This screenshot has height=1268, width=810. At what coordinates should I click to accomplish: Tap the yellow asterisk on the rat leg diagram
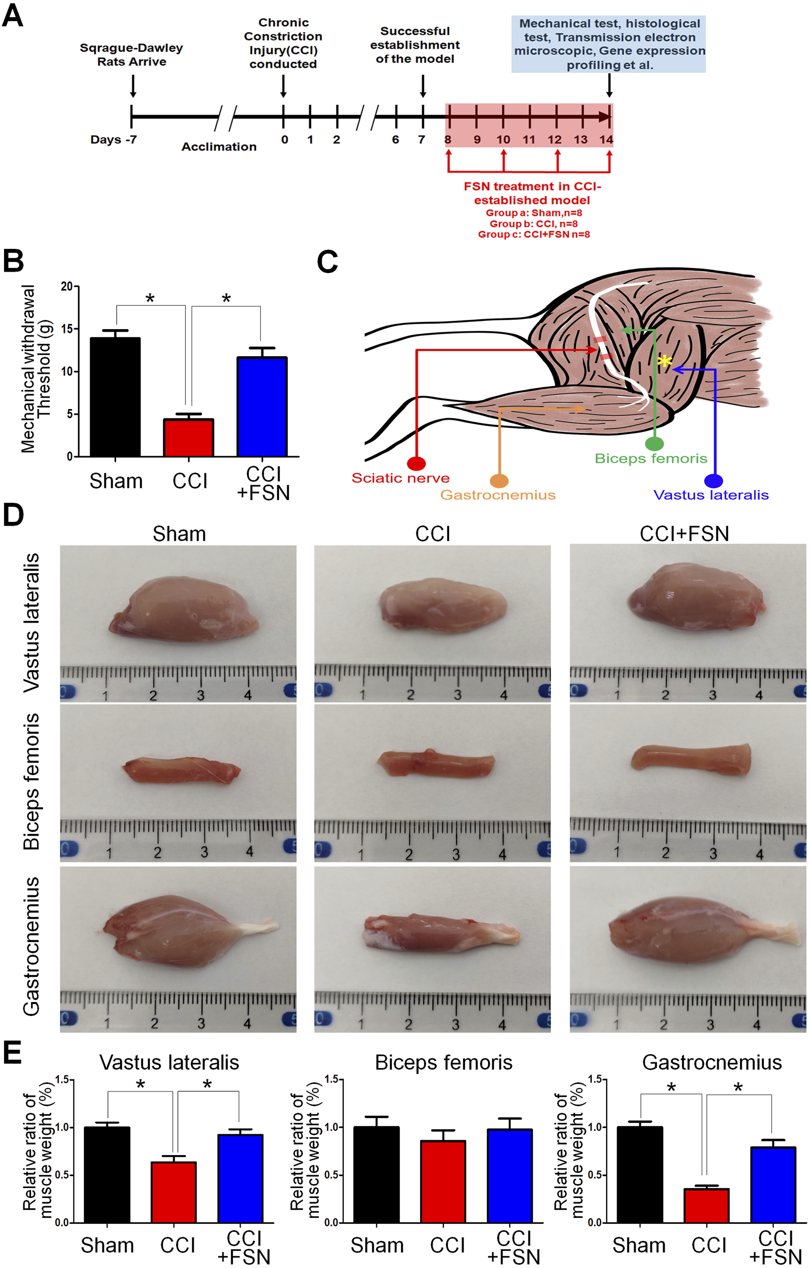[665, 361]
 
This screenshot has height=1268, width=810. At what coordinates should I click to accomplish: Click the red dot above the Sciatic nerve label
[416, 463]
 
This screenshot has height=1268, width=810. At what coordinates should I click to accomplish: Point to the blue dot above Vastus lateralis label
[713, 481]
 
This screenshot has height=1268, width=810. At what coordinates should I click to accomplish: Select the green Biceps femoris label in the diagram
[650, 459]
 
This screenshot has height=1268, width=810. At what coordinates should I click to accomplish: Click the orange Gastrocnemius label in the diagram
[498, 495]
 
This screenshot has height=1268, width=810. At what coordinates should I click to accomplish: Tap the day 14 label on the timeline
[607, 140]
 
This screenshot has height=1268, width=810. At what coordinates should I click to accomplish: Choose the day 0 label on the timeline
[284, 140]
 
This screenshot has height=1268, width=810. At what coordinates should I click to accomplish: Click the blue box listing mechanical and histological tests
[609, 44]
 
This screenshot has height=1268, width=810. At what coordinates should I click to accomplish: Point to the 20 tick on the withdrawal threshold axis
[67, 287]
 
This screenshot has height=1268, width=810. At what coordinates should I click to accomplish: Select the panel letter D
[13, 514]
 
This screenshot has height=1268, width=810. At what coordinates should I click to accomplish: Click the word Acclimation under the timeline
[219, 147]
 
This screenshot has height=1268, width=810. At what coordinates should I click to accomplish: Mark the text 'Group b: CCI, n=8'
[533, 224]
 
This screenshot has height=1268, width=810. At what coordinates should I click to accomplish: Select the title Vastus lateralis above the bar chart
[169, 1063]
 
